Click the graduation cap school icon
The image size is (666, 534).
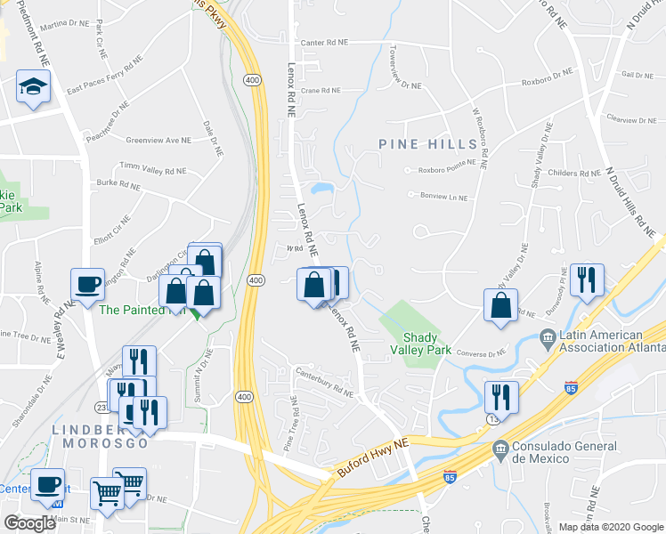(x=33, y=86)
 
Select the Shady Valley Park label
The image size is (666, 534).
(x=427, y=344)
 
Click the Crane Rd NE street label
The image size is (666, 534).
(x=321, y=90)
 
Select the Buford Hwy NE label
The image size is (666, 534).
(x=372, y=466)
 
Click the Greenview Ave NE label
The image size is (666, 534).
(x=158, y=141)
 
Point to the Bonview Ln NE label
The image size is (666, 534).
(x=443, y=197)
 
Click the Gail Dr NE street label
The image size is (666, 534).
(x=639, y=76)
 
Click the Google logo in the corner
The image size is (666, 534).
(x=29, y=523)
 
